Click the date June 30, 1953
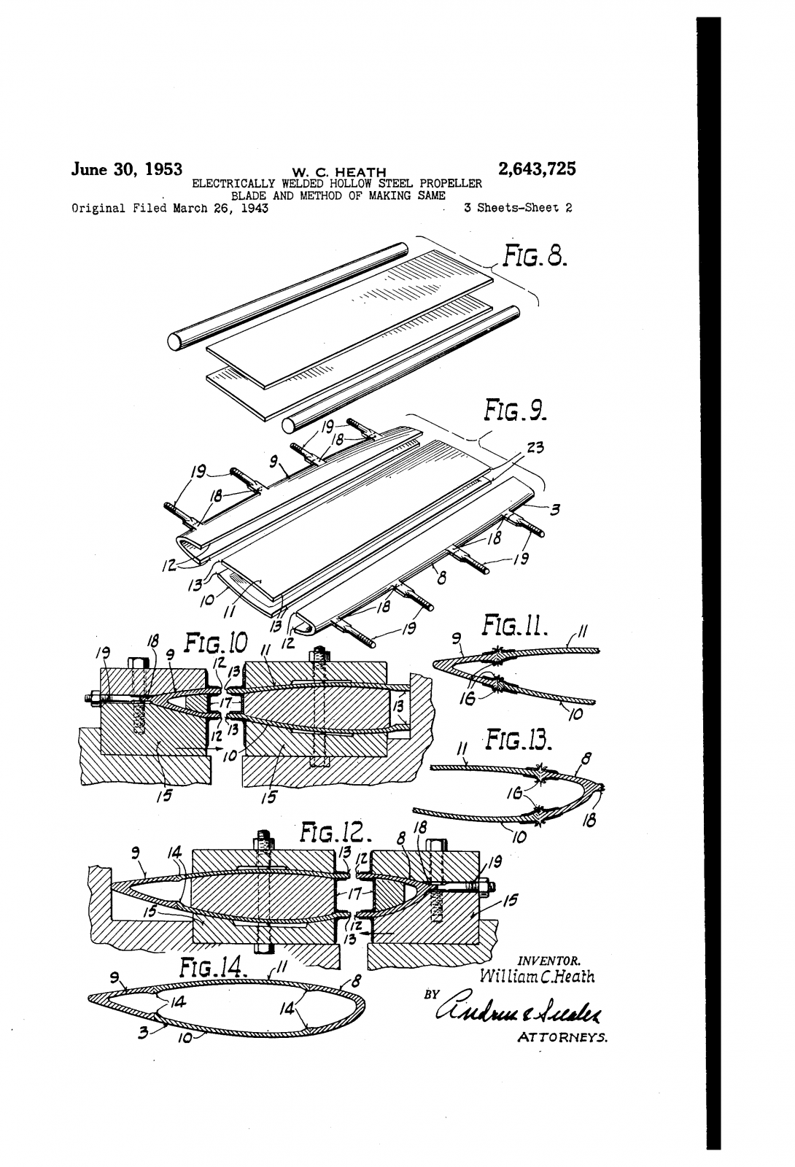pyautogui.click(x=126, y=169)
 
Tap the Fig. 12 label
pyautogui.click(x=336, y=832)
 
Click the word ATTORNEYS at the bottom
pyautogui.click(x=562, y=1036)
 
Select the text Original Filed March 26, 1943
pyautogui.click(x=169, y=208)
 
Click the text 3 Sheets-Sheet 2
pyautogui.click(x=517, y=208)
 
